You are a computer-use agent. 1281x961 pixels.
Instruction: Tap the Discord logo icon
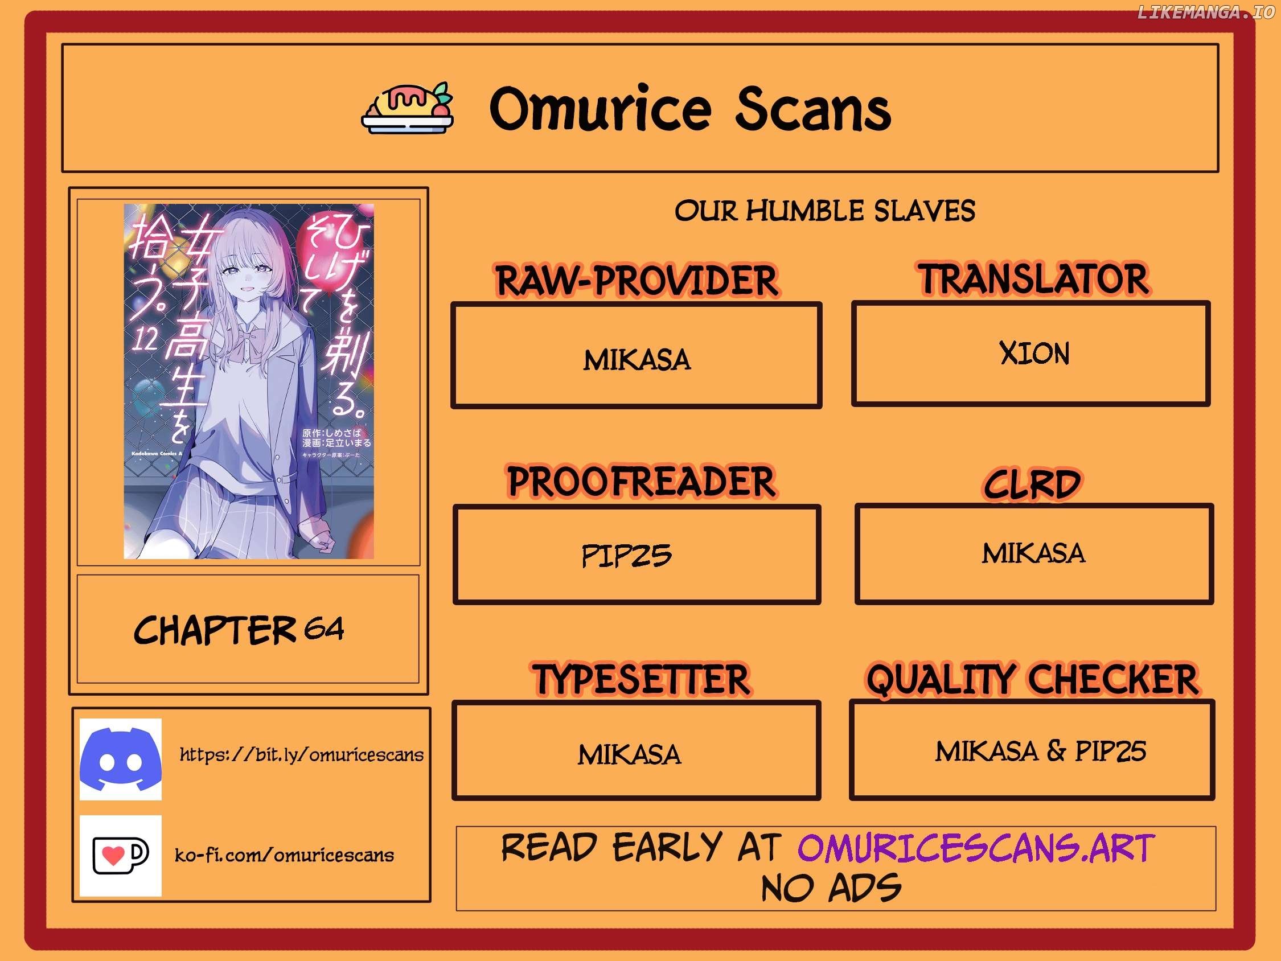121,759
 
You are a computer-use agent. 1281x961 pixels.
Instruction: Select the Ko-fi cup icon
121,855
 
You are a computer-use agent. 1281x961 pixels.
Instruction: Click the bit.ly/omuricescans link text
301,754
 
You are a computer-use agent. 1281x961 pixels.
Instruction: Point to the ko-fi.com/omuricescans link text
284,855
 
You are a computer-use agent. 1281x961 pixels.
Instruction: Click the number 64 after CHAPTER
325,628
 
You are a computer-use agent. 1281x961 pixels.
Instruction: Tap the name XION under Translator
1034,353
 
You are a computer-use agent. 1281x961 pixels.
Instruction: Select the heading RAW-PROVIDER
637,280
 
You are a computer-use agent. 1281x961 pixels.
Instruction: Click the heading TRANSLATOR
1034,278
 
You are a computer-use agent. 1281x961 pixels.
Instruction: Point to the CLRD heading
1033,484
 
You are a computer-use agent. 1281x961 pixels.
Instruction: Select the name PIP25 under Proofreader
627,556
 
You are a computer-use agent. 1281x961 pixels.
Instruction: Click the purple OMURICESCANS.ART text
976,848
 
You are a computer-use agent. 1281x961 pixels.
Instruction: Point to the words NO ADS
831,888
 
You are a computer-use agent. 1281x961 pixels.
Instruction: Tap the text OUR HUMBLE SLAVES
824,210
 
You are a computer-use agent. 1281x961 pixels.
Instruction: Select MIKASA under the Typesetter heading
630,754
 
